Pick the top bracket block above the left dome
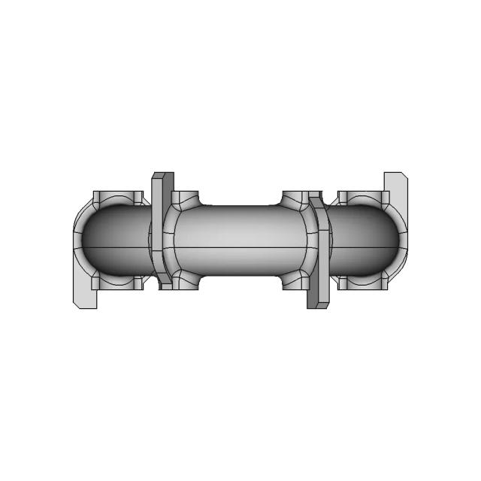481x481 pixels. (x=116, y=200)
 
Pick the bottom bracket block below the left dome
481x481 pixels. (x=116, y=283)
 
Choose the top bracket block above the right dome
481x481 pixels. (x=364, y=198)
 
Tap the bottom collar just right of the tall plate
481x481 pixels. (x=185, y=283)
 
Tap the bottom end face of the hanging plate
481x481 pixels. (x=319, y=306)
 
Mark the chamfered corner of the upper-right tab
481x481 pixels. (x=404, y=176)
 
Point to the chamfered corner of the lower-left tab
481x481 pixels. (x=76, y=304)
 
